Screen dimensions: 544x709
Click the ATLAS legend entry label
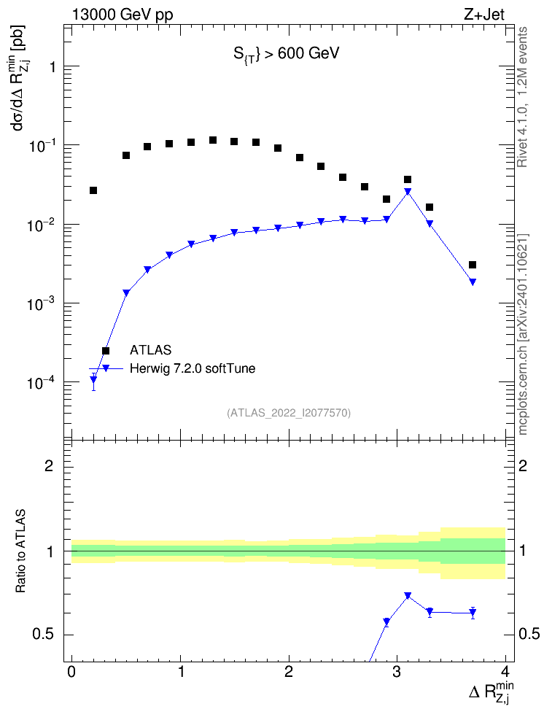coord(150,350)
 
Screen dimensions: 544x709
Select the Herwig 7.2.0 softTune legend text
coord(193,368)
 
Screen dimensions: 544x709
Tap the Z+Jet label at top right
coord(484,15)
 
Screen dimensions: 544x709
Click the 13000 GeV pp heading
coord(123,15)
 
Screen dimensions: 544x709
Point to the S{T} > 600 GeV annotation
coord(287,54)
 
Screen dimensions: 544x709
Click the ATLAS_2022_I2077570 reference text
coord(289,413)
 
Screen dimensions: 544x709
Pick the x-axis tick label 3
coord(397,671)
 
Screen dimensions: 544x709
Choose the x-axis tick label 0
coord(71,671)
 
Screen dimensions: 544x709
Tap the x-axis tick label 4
coord(505,671)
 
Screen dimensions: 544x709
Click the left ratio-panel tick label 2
coord(49,465)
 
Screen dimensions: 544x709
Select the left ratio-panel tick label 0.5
coord(43,635)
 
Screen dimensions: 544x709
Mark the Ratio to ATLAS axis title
coord(20,551)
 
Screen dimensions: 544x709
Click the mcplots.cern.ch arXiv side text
coord(523,334)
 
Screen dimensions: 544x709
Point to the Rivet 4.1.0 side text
coord(523,97)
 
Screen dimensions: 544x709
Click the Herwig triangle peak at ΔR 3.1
coord(408,192)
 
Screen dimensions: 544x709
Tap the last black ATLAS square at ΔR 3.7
coord(473,265)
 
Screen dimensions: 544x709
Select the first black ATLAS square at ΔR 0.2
coord(93,190)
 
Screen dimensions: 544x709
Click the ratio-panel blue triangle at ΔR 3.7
coord(473,613)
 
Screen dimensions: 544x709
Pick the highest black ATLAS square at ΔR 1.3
coord(212,140)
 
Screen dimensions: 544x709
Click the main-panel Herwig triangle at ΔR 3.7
coord(473,282)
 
